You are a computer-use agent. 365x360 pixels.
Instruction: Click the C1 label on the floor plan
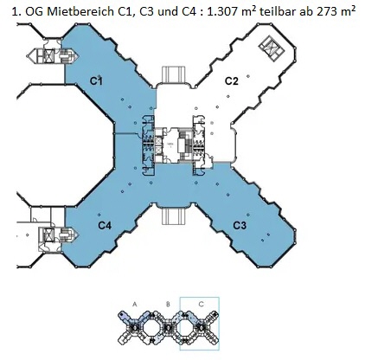pyautogui.click(x=96, y=81)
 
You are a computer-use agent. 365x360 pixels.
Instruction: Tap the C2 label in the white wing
pyautogui.click(x=232, y=81)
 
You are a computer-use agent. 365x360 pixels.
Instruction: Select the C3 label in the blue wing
pyautogui.click(x=240, y=225)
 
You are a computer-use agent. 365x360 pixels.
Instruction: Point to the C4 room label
pyautogui.click(x=105, y=225)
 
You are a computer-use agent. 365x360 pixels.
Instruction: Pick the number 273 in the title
pyautogui.click(x=328, y=11)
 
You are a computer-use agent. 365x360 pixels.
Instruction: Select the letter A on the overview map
pyautogui.click(x=135, y=304)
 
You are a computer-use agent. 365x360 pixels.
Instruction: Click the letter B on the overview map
pyautogui.click(x=168, y=304)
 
